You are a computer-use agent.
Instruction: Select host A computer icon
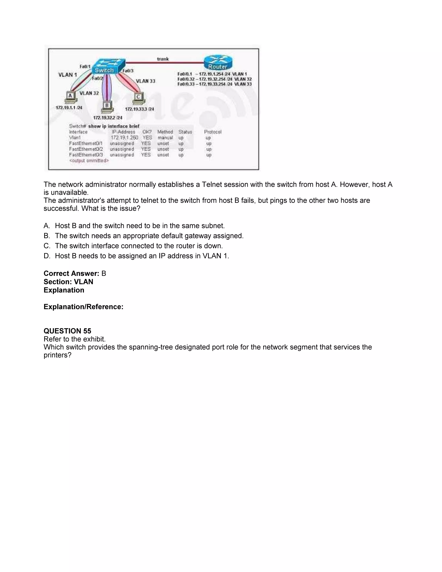coord(70,97)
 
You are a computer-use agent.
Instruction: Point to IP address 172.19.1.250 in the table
coord(124,138)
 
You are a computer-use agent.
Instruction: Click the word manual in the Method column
coord(165,138)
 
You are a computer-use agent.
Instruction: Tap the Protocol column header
coord(213,132)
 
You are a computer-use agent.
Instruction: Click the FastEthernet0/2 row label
coord(86,149)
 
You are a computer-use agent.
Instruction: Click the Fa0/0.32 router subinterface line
coord(214,79)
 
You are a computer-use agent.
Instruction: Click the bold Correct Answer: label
coord(71,273)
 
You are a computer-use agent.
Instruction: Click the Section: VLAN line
coord(68,282)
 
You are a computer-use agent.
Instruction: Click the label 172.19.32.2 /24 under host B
coord(108,118)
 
